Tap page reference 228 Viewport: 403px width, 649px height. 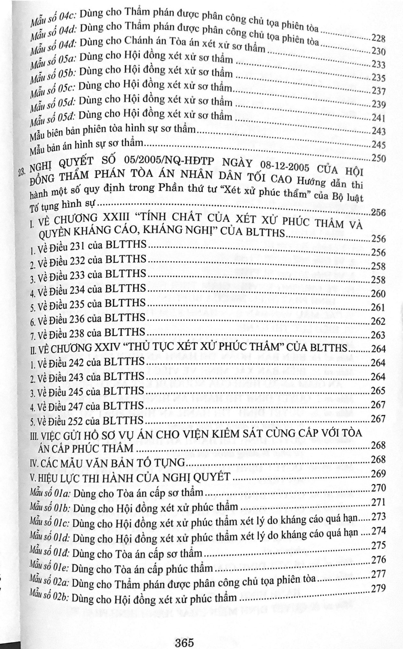(378, 39)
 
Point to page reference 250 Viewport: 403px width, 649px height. (378, 158)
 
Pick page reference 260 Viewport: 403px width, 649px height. (378, 294)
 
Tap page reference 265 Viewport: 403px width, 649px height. (378, 391)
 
